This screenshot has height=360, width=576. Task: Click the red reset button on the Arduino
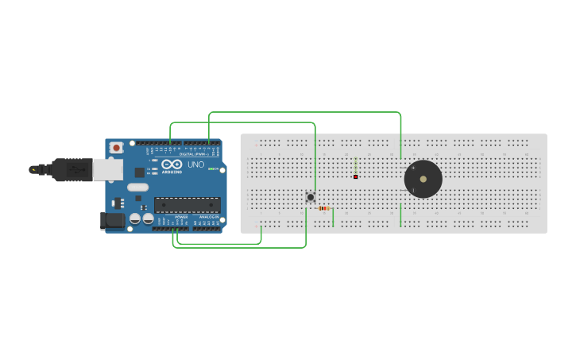point(117,147)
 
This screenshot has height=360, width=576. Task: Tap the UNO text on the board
point(195,165)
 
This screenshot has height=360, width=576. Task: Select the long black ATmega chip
point(187,204)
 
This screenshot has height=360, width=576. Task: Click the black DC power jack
point(112,221)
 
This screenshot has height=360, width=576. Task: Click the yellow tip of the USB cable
point(33,169)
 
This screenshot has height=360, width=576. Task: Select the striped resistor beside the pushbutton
point(323,208)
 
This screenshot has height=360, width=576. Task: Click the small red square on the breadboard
point(355,176)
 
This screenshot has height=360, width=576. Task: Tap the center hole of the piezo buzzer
point(423,180)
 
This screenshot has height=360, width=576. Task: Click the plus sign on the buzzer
point(413,167)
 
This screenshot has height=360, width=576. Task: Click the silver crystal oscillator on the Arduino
point(137,188)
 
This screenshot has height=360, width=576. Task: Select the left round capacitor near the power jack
point(135,218)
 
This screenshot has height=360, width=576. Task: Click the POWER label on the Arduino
point(181,216)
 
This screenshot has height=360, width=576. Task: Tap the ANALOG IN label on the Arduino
point(208,216)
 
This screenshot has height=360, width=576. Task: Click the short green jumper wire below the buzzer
point(401,215)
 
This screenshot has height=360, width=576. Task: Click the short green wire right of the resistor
point(333,216)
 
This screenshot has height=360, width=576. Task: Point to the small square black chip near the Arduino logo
point(140,171)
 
